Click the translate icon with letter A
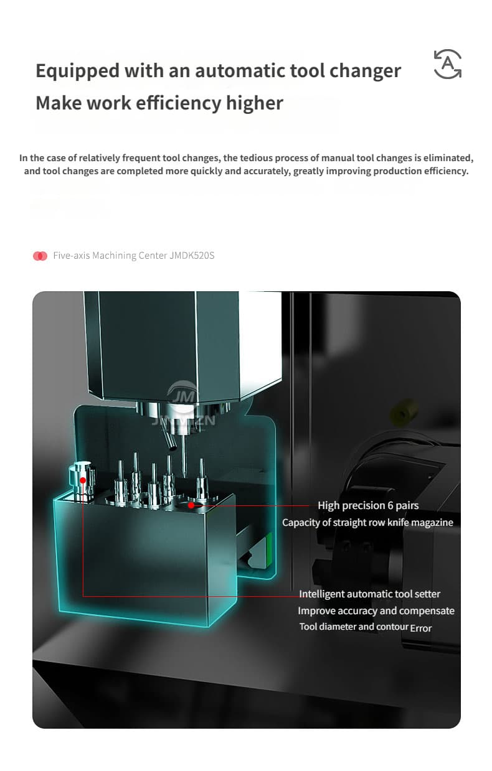448,64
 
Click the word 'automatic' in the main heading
240,70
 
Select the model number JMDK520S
192,255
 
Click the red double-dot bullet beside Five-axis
40,256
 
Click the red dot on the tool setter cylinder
83,480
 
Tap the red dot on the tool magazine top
191,505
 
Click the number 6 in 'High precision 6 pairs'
390,506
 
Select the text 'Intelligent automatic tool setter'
370,594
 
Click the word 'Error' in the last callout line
420,628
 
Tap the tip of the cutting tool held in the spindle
185,477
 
